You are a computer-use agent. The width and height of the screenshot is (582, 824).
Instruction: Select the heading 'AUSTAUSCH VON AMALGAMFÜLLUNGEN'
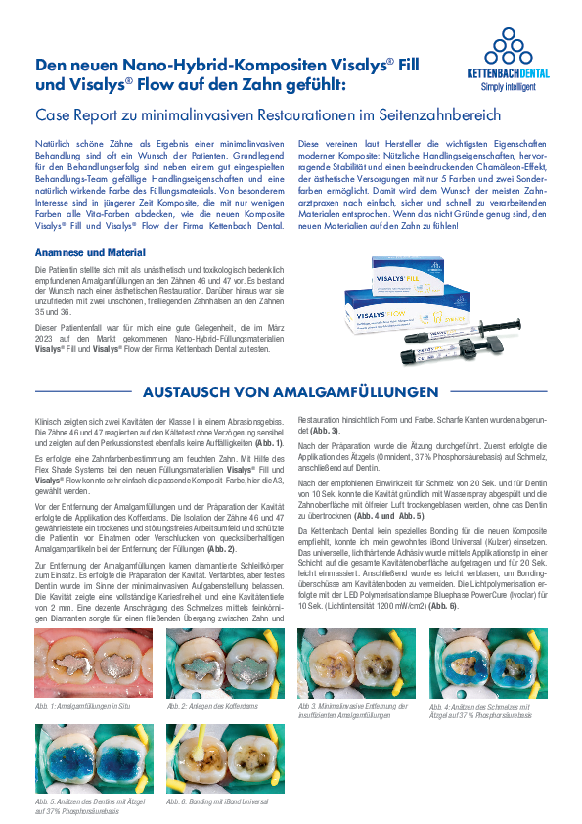[x=291, y=392]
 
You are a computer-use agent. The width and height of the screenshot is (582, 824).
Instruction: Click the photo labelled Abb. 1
[x=94, y=663]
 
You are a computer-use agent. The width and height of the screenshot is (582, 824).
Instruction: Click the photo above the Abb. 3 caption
[x=357, y=663]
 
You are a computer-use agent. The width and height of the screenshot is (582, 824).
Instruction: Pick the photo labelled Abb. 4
[x=487, y=663]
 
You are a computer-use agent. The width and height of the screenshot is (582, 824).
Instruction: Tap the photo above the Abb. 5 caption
[x=94, y=759]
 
